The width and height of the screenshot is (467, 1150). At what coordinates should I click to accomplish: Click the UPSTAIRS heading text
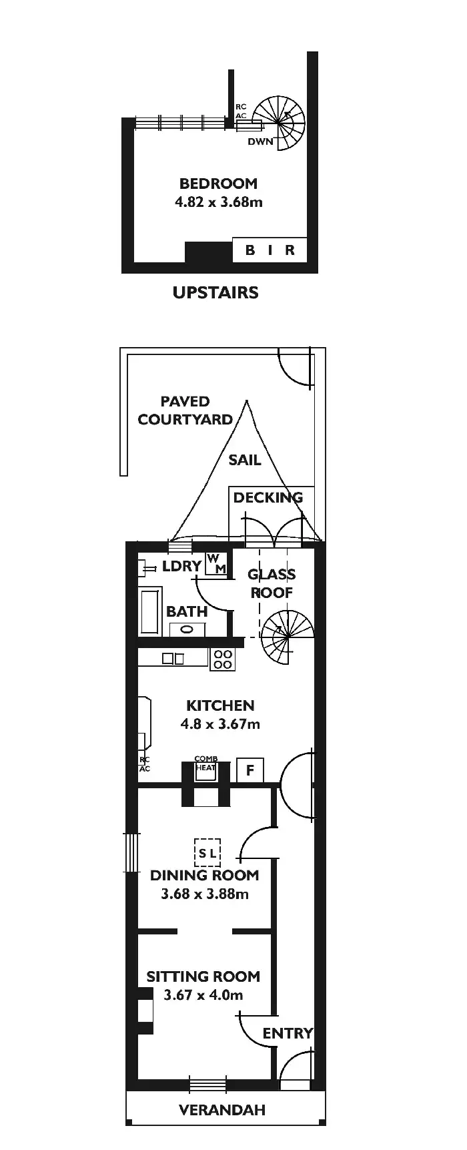coord(215,292)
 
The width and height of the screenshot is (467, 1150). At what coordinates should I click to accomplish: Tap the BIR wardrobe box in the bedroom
coord(270,250)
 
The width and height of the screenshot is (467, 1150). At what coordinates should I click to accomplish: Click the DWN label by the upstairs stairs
coord(260,141)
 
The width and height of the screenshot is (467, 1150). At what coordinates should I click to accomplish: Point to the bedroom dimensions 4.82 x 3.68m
coord(218,202)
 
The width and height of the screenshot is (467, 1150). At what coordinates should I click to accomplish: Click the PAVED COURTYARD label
coord(185,410)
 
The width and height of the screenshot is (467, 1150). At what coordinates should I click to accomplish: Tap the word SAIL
coord(244,460)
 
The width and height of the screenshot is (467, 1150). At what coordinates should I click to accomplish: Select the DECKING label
coord(268,497)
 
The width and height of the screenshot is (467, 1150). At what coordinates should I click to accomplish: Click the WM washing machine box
coord(217,563)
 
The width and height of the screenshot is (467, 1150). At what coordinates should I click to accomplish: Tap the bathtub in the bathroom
coord(151,611)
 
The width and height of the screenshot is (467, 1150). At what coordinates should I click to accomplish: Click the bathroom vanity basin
coord(187,629)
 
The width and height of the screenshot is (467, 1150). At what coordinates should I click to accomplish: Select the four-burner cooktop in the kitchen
coord(223,659)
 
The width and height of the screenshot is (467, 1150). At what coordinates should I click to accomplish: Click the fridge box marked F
coord(250,770)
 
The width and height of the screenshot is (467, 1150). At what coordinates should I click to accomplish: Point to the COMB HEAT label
coord(205,764)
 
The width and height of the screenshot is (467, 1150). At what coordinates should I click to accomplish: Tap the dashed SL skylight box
coord(207,853)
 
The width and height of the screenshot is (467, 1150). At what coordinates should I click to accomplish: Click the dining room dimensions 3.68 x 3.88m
coord(204,894)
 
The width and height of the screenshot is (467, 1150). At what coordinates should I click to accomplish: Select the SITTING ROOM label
coord(203,976)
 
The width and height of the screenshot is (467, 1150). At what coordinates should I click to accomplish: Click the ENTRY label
coord(287,1033)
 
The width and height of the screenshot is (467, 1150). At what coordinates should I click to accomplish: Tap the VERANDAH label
coord(222,1110)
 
